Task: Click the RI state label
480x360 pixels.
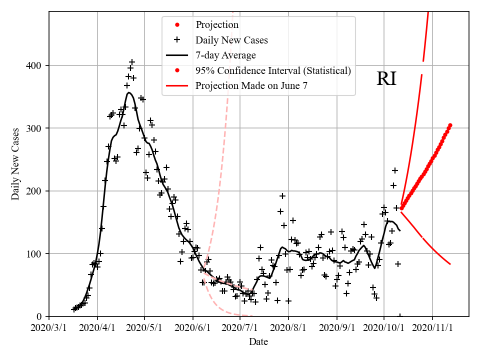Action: (386, 79)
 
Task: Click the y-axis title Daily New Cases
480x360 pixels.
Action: (15, 164)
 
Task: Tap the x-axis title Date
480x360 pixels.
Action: (258, 342)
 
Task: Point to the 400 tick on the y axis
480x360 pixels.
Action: (36, 65)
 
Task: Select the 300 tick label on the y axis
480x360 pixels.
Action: (36, 128)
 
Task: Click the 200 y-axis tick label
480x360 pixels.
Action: (36, 191)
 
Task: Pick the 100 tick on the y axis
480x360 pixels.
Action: (36, 254)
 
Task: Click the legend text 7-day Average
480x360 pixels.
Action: (225, 55)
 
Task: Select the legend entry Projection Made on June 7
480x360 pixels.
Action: (251, 85)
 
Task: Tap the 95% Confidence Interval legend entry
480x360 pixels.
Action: (273, 70)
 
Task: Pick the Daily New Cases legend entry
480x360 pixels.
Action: (231, 40)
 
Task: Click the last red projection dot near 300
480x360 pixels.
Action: (450, 125)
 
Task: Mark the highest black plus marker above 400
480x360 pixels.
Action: (132, 62)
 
